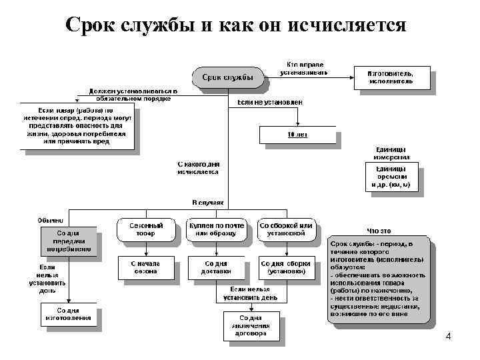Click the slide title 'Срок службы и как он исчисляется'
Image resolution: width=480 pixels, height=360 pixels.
click(236, 25)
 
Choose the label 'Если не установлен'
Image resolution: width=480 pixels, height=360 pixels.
click(270, 103)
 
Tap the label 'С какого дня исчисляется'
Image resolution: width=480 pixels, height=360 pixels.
click(198, 167)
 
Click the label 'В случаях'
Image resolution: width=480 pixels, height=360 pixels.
click(207, 202)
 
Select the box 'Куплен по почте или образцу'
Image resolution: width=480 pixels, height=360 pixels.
click(217, 229)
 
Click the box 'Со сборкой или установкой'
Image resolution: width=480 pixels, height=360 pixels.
click(286, 229)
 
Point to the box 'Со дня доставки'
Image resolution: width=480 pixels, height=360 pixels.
click(217, 267)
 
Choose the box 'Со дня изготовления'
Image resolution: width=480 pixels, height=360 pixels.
click(69, 314)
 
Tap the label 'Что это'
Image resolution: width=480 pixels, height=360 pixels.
click(379, 231)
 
